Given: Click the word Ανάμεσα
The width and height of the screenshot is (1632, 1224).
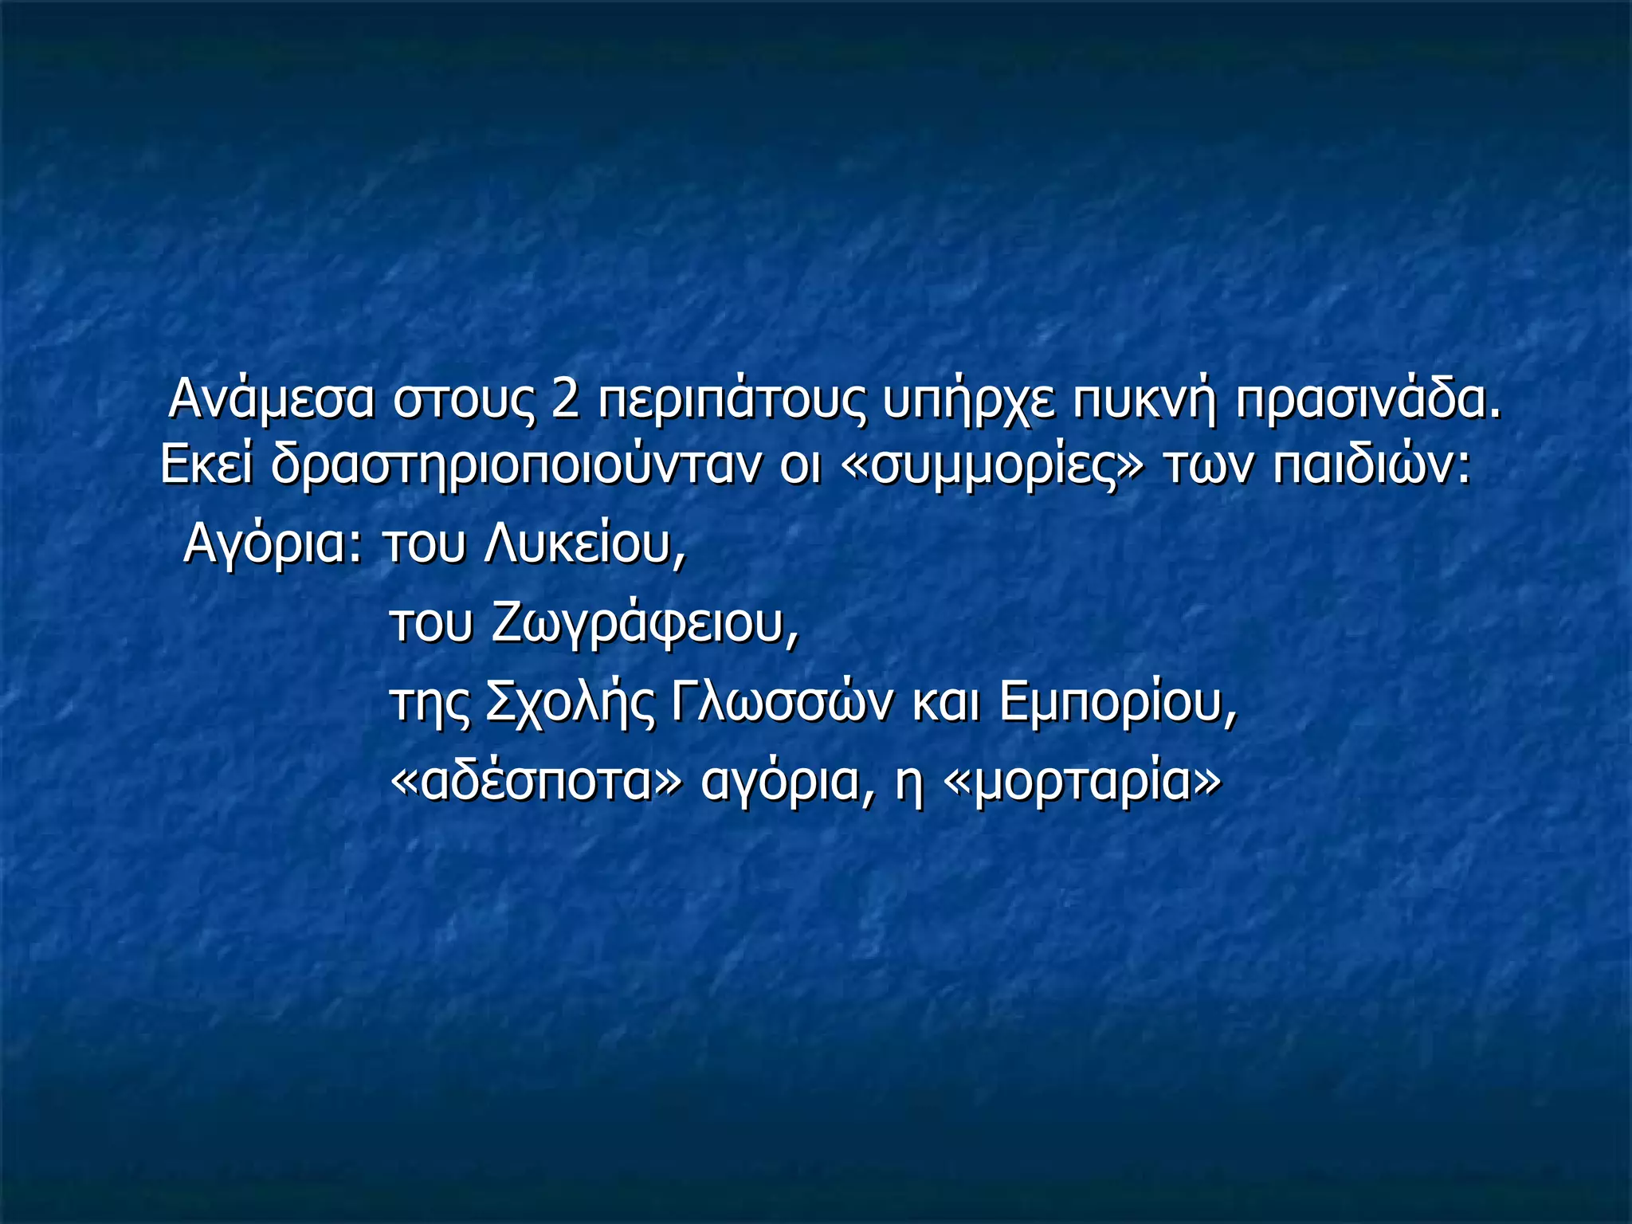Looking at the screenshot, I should pyautogui.click(x=271, y=399).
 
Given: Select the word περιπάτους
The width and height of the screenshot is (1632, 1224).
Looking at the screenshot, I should pyautogui.click(x=730, y=401).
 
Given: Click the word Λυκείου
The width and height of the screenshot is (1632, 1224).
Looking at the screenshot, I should pyautogui.click(x=584, y=545).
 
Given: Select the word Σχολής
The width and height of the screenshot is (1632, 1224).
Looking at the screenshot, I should pyautogui.click(x=569, y=704).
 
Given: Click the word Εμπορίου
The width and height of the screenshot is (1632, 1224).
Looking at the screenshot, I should pyautogui.click(x=1118, y=704).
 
